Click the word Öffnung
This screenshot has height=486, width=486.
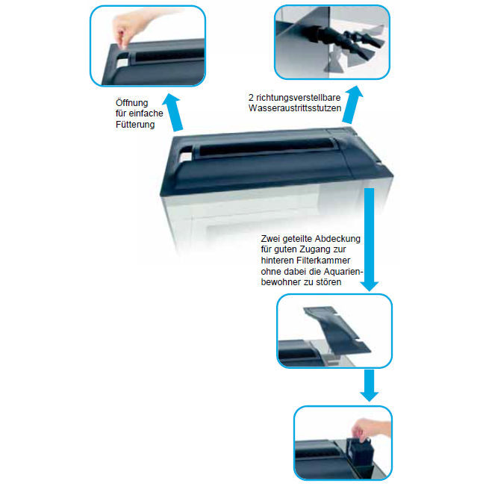tap(131, 102)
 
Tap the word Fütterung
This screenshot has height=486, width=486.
tap(135, 124)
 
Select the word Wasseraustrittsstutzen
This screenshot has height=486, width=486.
tap(295, 108)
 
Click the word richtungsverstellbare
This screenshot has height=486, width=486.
tap(299, 98)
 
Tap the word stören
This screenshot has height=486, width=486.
tap(328, 282)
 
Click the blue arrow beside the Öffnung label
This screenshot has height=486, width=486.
tap(174, 113)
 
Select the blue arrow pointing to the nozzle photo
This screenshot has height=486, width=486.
tap(352, 105)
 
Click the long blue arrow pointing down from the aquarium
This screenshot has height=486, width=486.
tap(369, 240)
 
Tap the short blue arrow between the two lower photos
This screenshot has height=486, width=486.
tap(369, 385)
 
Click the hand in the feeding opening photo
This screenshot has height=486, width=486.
tap(130, 28)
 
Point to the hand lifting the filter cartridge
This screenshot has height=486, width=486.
tap(371, 429)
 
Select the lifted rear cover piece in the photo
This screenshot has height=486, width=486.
tap(336, 330)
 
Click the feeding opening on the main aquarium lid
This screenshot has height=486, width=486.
tap(186, 157)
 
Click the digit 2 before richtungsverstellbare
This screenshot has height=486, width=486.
tap(251, 98)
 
